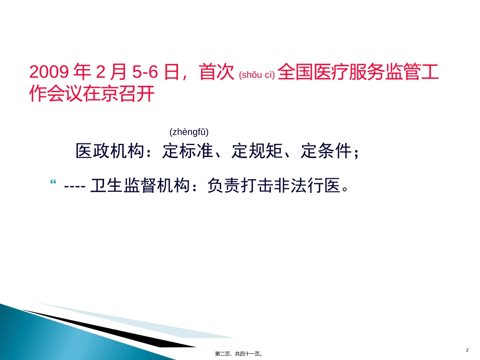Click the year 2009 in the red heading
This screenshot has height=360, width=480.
pyautogui.click(x=49, y=73)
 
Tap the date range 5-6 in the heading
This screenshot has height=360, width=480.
pyautogui.click(x=146, y=73)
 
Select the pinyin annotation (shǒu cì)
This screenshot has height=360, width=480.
pyautogui.click(x=257, y=75)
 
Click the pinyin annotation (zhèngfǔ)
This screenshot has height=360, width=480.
pyautogui.click(x=189, y=132)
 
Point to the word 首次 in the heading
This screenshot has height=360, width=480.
pyautogui.click(x=216, y=73)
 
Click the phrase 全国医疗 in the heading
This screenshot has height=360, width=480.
pyautogui.click(x=312, y=73)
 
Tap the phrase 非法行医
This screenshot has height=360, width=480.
pyautogui.click(x=308, y=187)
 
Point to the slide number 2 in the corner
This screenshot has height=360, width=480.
pyautogui.click(x=467, y=349)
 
